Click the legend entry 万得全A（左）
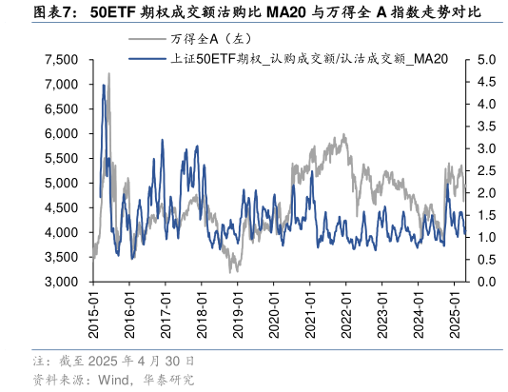(195, 39)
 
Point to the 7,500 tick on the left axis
(61, 60)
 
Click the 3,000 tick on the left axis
(61, 283)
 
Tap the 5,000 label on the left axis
(61, 184)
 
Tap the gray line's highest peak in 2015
(108, 73)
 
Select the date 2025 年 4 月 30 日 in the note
(142, 362)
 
